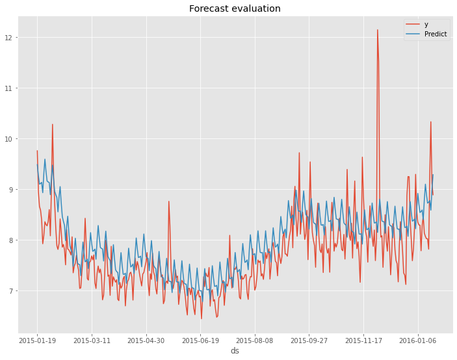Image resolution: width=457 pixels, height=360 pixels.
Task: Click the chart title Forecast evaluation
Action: coord(235,8)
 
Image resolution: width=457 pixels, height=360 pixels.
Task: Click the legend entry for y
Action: coord(426,24)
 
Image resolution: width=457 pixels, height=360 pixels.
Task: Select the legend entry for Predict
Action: coord(435,34)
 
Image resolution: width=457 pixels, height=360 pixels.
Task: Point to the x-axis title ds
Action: coord(235,351)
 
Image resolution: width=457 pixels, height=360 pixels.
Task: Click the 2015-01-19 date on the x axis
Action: coord(37,340)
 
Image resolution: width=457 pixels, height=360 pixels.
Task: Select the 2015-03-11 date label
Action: coord(92,340)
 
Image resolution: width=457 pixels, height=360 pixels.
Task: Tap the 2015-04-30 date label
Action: coord(146,340)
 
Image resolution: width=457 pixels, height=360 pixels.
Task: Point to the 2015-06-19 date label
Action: coord(201,340)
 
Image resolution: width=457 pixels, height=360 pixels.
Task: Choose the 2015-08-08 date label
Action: coord(255,340)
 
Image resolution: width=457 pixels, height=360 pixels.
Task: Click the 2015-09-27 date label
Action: coord(309,340)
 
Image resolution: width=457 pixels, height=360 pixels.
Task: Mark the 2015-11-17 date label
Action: coord(364,340)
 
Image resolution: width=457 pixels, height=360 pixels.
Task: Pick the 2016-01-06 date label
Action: coord(418,340)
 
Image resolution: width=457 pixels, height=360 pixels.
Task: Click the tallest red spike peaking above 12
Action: coord(377,31)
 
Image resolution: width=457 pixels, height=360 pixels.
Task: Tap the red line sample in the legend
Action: coord(413,24)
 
